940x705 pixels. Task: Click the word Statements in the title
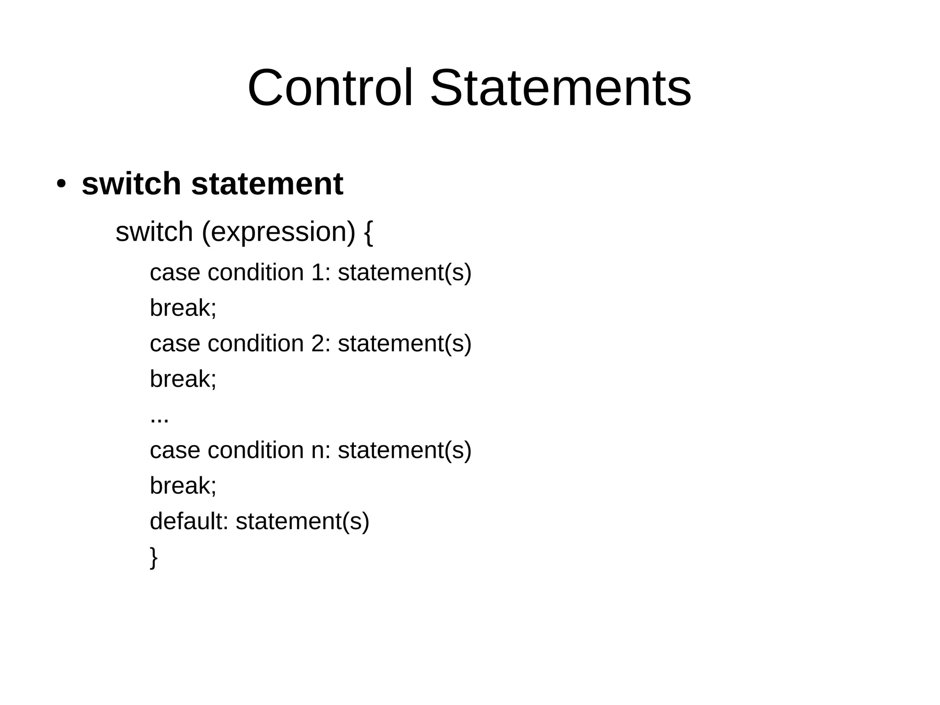point(560,88)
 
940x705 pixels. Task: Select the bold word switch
point(131,184)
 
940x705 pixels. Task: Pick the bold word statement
point(267,184)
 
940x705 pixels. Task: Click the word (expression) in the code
point(279,232)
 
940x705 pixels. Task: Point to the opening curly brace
point(368,232)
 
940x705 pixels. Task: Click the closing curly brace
point(154,557)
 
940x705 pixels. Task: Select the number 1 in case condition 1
point(318,272)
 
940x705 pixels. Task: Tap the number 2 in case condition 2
point(318,344)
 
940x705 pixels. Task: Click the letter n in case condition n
point(318,451)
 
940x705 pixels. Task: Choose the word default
point(189,521)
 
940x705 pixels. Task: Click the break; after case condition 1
point(183,308)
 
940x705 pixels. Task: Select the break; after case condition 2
point(183,379)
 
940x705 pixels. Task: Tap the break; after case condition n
point(183,485)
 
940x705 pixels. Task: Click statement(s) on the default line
point(302,521)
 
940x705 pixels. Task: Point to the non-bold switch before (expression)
point(154,232)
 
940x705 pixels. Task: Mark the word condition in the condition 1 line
point(256,272)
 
